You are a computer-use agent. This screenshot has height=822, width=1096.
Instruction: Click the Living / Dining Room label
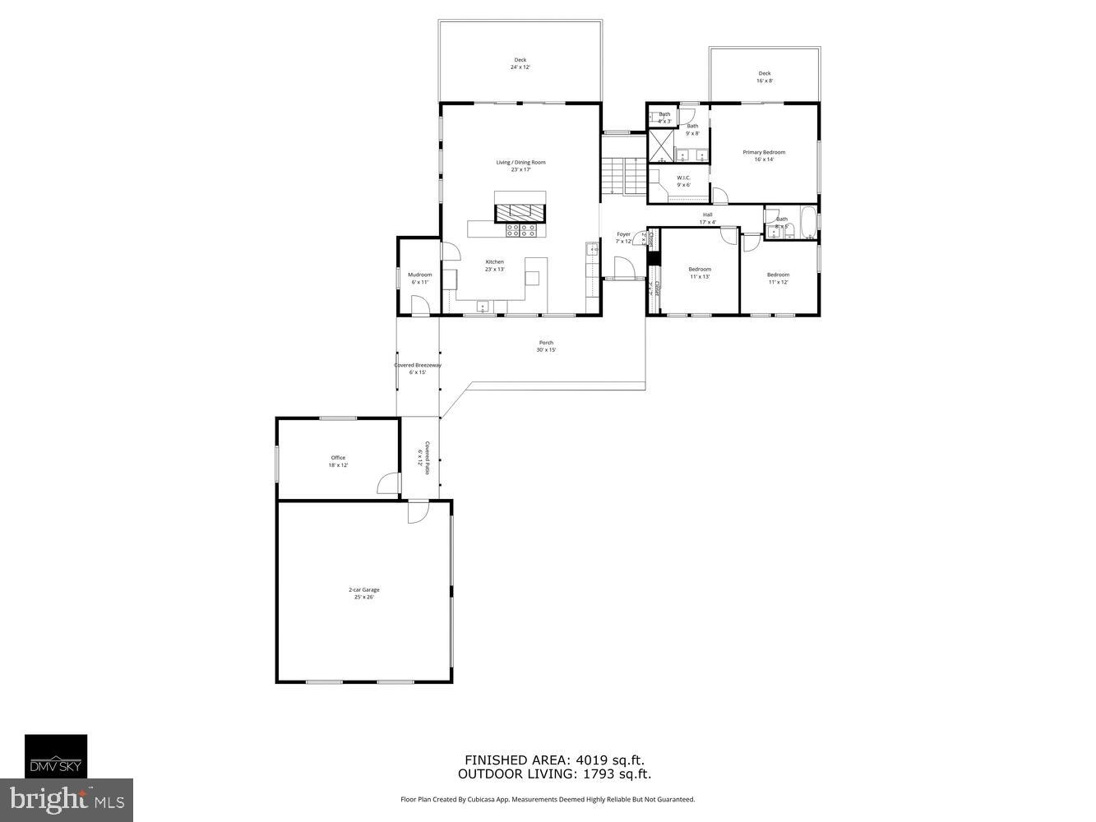tap(520, 165)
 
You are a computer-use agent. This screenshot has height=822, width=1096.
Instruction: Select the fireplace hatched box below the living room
tap(520, 210)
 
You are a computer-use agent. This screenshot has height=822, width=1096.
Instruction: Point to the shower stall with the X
tap(661, 145)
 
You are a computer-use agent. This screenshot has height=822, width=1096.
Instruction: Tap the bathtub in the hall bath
tap(809, 224)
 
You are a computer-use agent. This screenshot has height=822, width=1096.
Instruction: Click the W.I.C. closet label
tap(683, 181)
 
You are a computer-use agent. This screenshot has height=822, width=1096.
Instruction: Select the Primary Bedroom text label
tap(764, 155)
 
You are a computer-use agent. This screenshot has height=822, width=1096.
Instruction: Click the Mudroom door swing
tap(420, 306)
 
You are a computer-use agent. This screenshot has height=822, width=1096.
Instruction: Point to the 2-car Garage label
tap(363, 593)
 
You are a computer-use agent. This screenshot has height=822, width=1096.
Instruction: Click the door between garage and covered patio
tap(419, 512)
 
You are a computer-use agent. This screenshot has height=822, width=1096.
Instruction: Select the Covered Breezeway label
tap(418, 368)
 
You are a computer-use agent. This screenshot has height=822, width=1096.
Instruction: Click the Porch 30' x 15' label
tap(546, 346)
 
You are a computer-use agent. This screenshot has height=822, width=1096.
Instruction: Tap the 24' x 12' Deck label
tap(520, 63)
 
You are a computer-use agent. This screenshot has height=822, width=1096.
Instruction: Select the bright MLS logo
tap(67, 800)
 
